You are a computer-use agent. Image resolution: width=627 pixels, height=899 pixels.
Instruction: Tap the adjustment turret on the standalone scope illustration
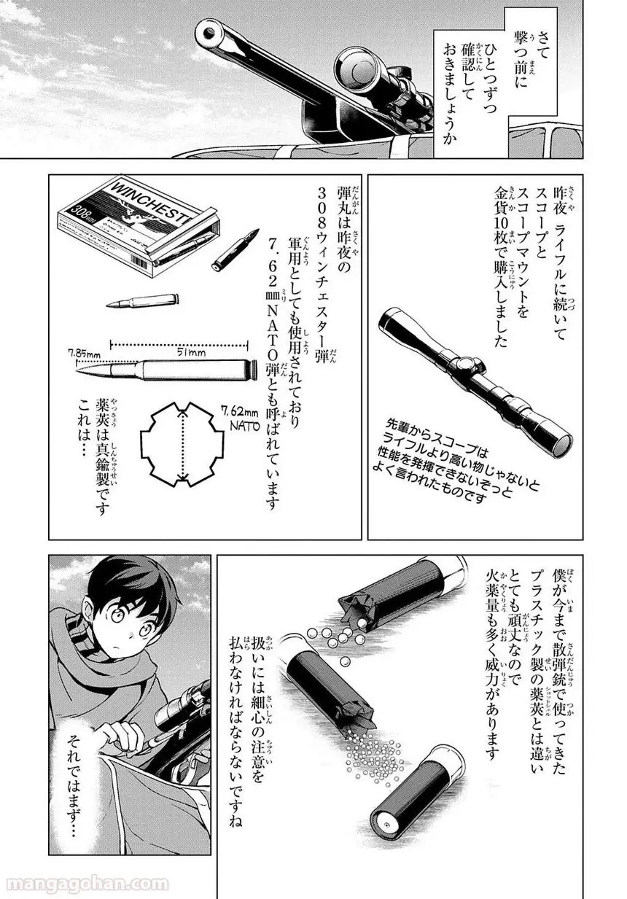(x=467, y=365)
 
